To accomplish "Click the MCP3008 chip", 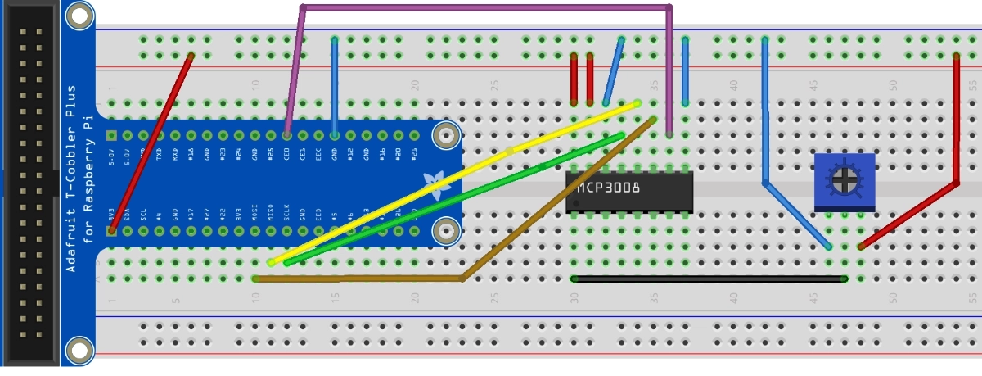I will click(x=630, y=191).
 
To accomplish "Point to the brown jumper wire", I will click(x=360, y=279).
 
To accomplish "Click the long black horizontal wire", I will click(x=709, y=279).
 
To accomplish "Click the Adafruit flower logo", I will click(x=434, y=182).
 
